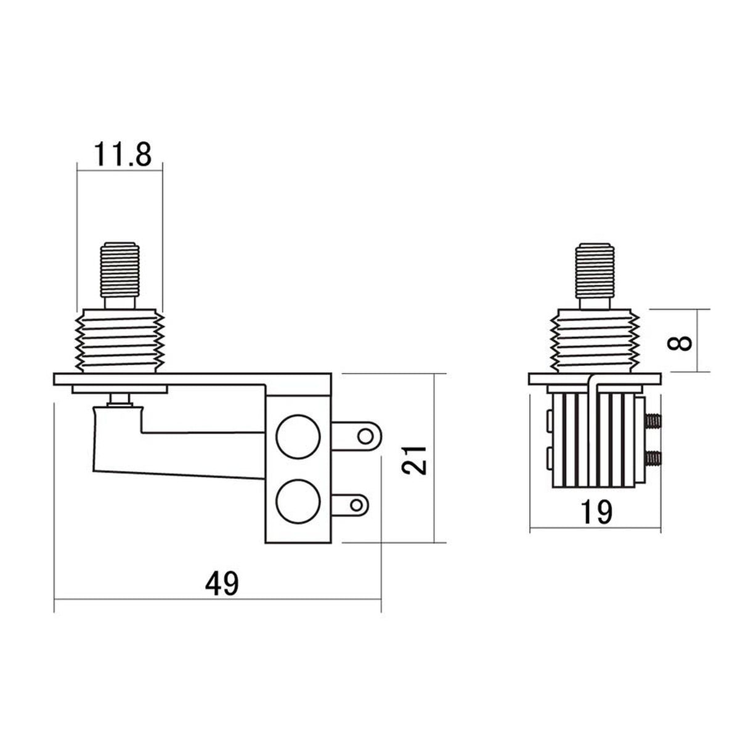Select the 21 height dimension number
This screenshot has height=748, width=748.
coord(418,459)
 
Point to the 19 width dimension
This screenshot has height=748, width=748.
coord(596,511)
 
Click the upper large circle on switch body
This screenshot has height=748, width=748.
coord(299,436)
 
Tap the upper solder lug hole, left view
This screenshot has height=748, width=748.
coord(367,436)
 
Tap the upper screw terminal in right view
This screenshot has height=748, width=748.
coord(654,421)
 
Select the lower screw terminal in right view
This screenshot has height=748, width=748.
coord(654,458)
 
